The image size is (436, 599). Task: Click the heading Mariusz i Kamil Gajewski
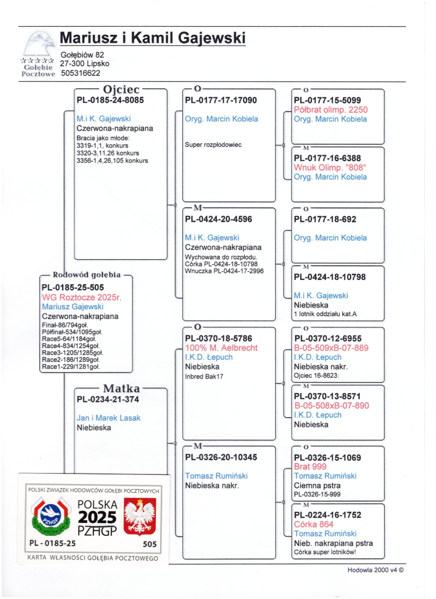coord(152,39)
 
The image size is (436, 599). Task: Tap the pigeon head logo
coord(38,44)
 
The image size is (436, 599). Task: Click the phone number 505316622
coord(82,72)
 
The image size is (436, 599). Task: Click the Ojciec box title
coord(122,90)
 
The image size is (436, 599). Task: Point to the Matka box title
coord(122,388)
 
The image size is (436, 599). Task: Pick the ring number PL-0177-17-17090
coord(221,100)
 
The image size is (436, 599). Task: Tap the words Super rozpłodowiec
coord(213,145)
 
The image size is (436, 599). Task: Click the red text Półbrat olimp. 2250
coord(331,109)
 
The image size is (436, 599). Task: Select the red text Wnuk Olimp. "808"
coord(330,167)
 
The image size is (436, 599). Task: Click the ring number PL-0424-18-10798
coord(330,277)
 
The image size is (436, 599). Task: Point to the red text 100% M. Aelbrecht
coord(221,347)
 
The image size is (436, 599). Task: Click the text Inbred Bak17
coord(205,376)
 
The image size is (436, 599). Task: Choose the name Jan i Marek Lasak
coord(108,418)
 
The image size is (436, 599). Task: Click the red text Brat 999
coord(310,467)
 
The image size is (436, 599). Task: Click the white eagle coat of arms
coord(141,516)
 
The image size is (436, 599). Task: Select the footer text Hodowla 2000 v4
coord(376,571)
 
